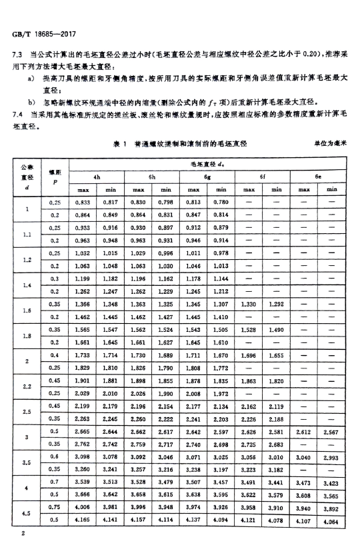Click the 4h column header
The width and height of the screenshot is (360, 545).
pyautogui.click(x=97, y=177)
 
